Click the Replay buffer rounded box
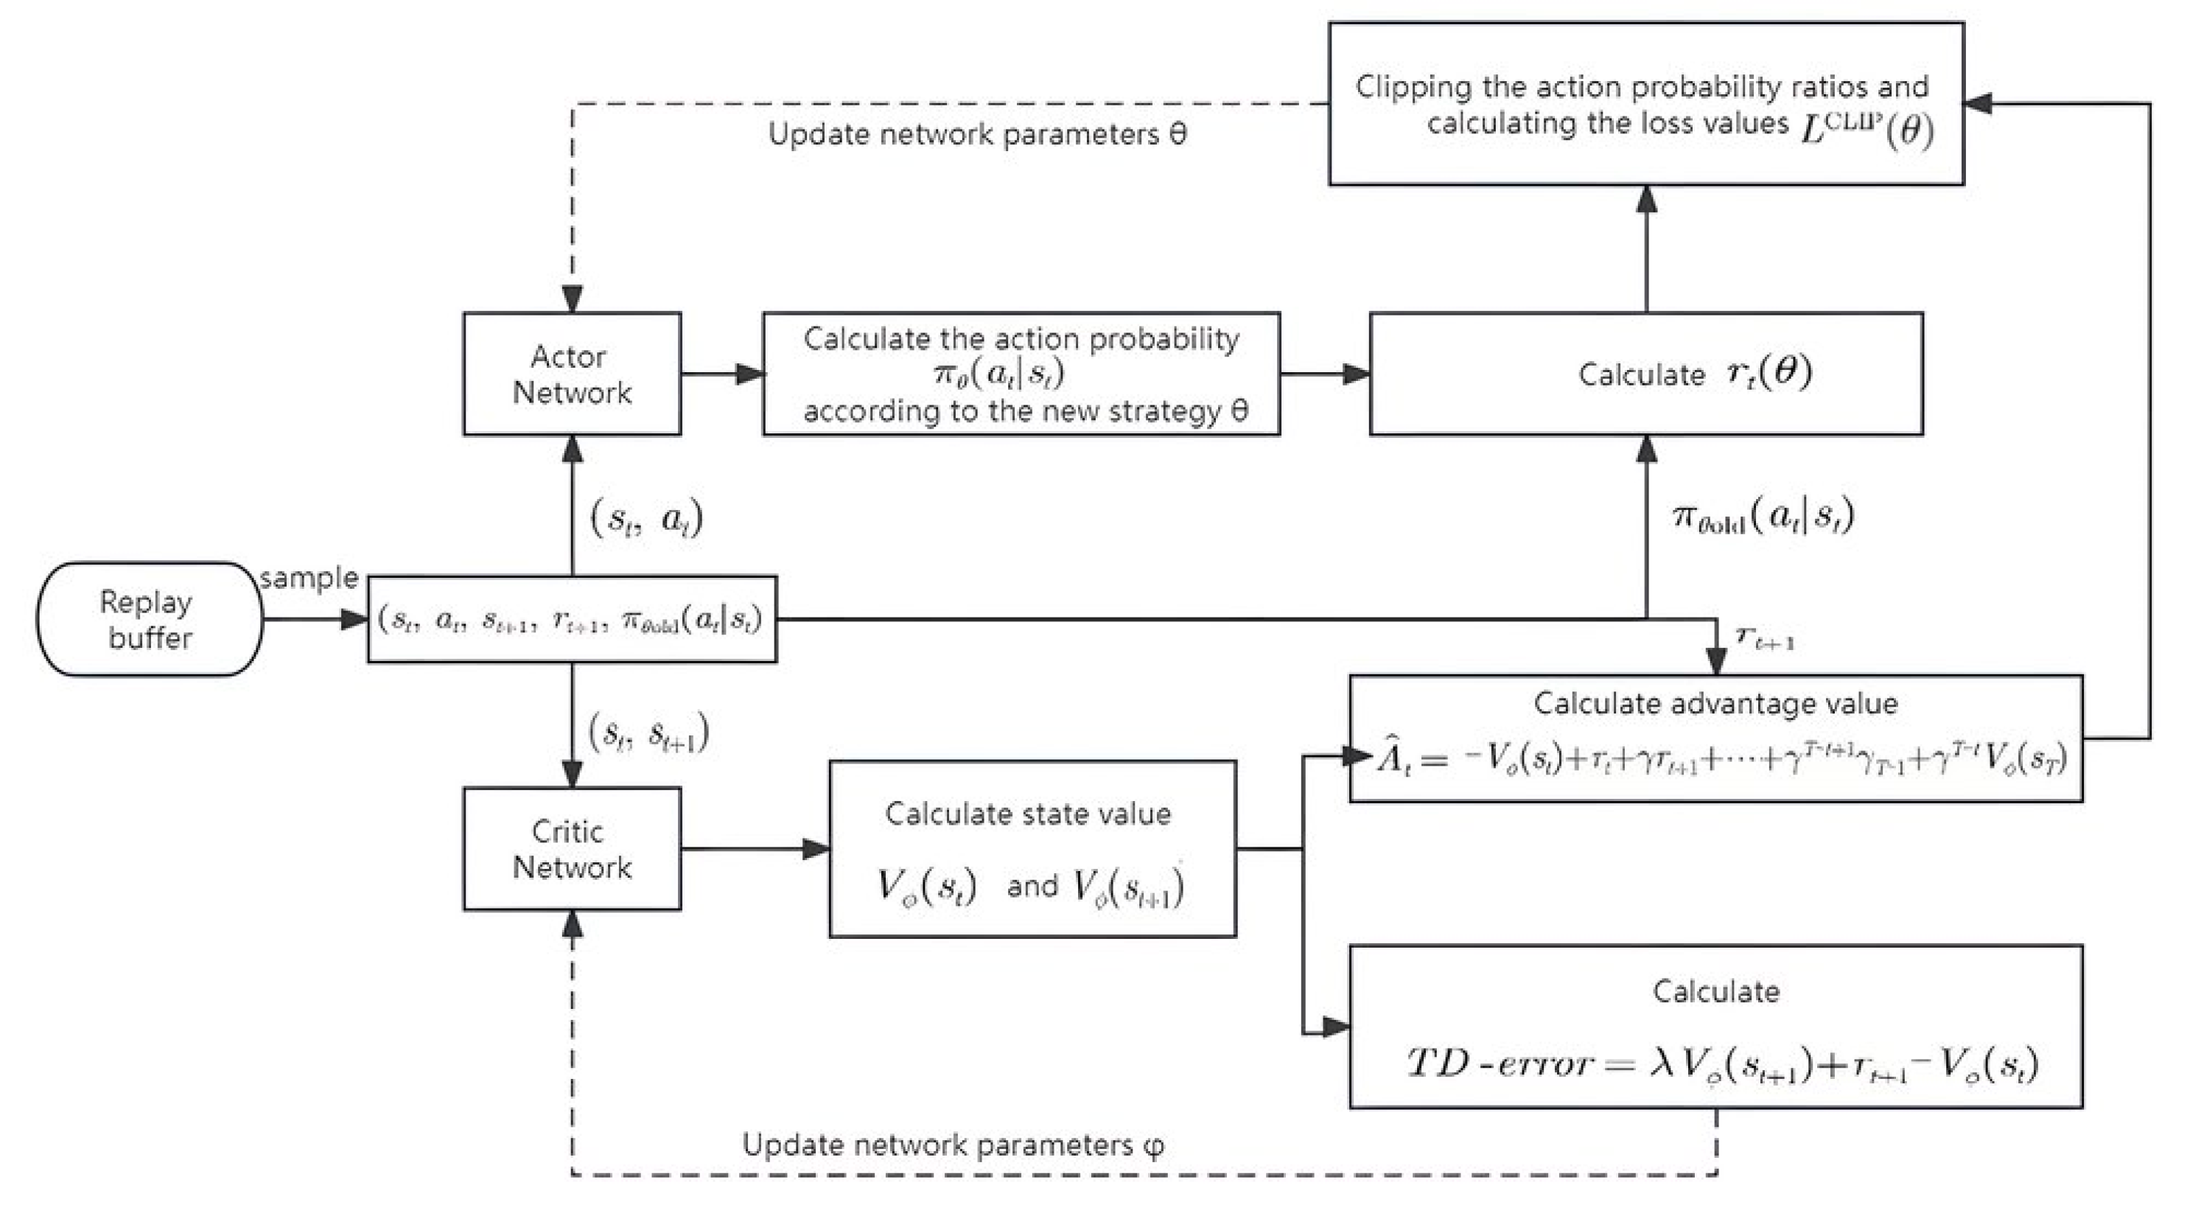[149, 620]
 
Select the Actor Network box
[572, 374]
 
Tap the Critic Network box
[572, 849]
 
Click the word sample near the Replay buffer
[309, 579]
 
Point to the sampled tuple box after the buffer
[572, 620]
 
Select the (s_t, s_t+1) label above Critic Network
[648, 733]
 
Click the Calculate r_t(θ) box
[1645, 374]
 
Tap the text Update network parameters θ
[976, 134]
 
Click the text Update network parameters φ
[952, 1145]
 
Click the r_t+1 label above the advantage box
[1764, 637]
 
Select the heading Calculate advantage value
[1715, 703]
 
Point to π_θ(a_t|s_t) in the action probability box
[998, 374]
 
